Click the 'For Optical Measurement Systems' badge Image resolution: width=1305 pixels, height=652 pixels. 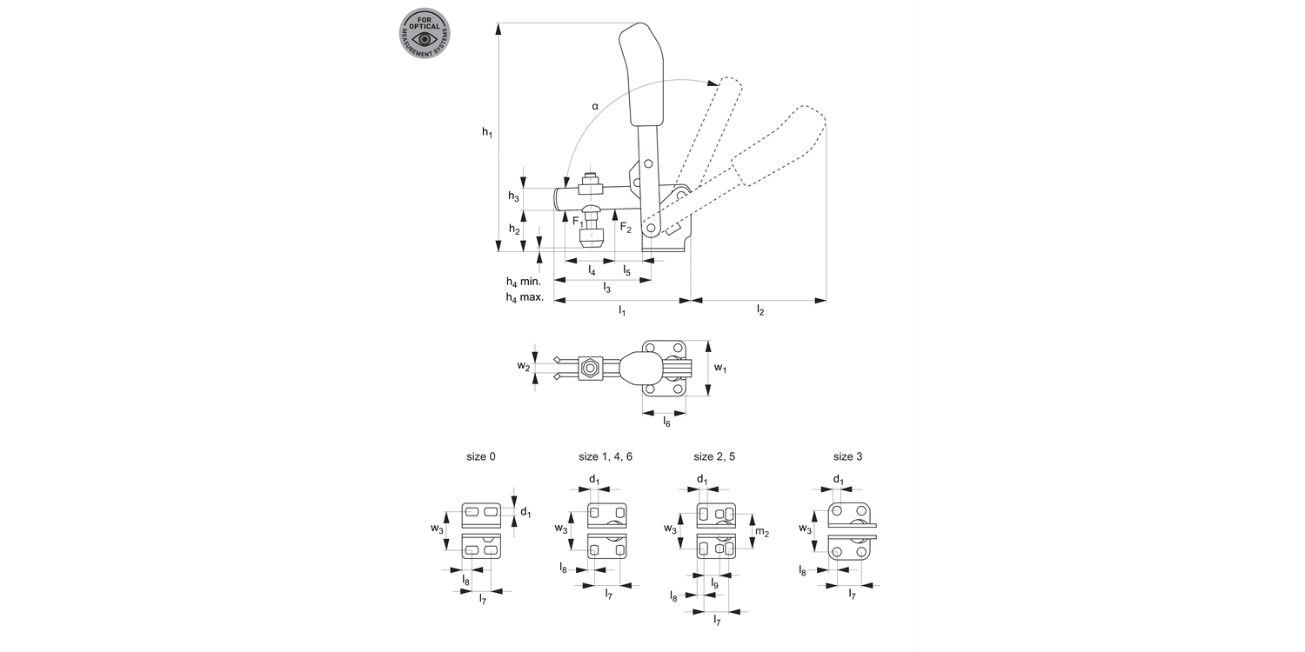[425, 34]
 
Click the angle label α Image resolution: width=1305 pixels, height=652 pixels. [595, 106]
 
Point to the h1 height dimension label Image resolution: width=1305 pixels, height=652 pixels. [487, 132]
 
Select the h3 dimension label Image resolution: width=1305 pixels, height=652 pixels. [514, 196]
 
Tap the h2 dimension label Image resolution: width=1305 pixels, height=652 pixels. [514, 230]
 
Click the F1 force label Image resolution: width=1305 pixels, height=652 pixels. [578, 223]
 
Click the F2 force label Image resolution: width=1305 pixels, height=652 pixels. [626, 227]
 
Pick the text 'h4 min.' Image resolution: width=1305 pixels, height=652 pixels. [524, 282]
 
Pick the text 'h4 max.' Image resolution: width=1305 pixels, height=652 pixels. [525, 297]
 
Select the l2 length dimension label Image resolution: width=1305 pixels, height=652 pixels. [760, 310]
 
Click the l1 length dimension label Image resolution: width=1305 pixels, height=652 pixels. [622, 310]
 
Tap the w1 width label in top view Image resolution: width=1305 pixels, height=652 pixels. [720, 369]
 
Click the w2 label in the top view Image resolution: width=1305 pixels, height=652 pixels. [523, 367]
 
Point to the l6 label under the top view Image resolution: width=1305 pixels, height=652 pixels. [666, 422]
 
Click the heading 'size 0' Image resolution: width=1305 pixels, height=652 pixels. [481, 456]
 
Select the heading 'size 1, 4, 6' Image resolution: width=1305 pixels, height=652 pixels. [606, 456]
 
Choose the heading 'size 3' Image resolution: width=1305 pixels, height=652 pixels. [847, 456]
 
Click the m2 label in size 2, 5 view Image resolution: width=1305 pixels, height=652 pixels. [761, 532]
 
